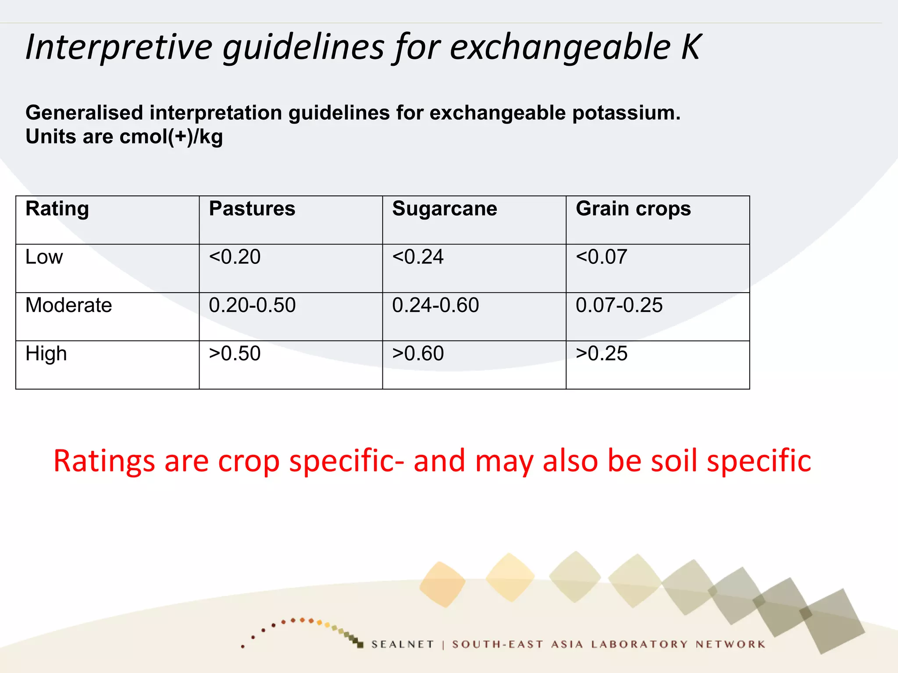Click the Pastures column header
(x=252, y=209)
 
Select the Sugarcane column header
(x=444, y=209)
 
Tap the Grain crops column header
(x=633, y=209)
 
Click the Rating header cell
(x=57, y=209)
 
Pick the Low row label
(x=44, y=257)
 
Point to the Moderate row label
(x=68, y=305)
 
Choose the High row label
(x=46, y=354)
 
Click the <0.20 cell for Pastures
(x=235, y=257)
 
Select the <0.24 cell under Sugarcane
(x=418, y=257)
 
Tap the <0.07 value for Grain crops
(x=601, y=257)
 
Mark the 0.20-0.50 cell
(x=252, y=305)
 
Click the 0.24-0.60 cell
(x=435, y=305)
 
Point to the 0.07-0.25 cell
(x=619, y=305)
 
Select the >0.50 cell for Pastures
(x=235, y=354)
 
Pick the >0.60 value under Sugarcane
(x=418, y=354)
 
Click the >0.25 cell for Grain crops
(x=601, y=354)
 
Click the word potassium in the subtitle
(x=626, y=113)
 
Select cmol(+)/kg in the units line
(x=171, y=137)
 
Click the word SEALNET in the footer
(x=402, y=644)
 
